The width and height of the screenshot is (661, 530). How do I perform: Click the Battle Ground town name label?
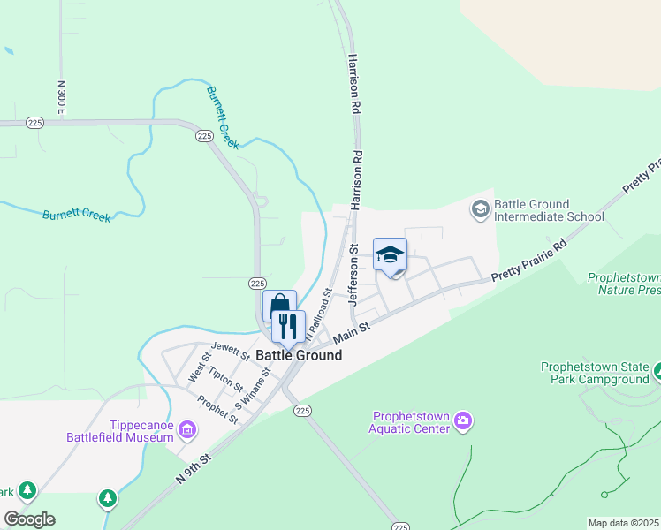coord(298,355)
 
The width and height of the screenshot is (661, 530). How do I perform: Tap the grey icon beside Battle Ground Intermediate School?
coord(480,209)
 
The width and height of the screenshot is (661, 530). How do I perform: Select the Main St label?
coord(351,333)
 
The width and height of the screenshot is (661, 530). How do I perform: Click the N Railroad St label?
coord(318,313)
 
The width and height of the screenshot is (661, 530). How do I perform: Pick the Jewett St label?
coord(230,352)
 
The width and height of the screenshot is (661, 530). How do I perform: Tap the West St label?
coord(200,367)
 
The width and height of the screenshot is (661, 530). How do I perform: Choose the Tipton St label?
coord(226,380)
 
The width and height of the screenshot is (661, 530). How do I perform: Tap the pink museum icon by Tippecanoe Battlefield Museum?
coord(186,430)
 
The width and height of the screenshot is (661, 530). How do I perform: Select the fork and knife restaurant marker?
coord(288,327)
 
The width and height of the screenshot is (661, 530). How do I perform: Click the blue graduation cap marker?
coord(390,255)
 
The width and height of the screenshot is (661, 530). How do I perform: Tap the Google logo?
coord(29,519)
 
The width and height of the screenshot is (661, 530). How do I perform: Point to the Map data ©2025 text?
coord(623,523)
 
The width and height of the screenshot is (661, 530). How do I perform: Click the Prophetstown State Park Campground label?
coord(595,373)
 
